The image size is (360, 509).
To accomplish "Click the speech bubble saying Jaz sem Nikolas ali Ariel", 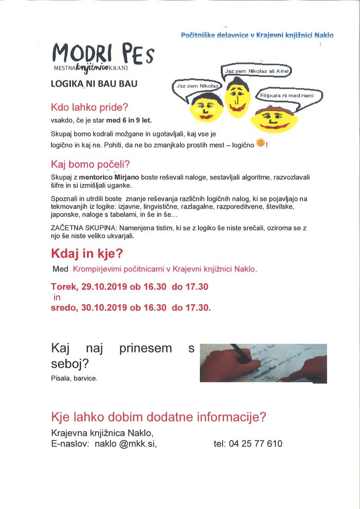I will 259,71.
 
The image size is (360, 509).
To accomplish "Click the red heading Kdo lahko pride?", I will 89,108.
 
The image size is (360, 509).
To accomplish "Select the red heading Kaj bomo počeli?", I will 90,165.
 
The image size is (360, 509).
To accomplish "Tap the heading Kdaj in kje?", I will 93,254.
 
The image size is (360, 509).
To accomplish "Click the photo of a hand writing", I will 263,363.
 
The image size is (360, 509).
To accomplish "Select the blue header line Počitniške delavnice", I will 257,35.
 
